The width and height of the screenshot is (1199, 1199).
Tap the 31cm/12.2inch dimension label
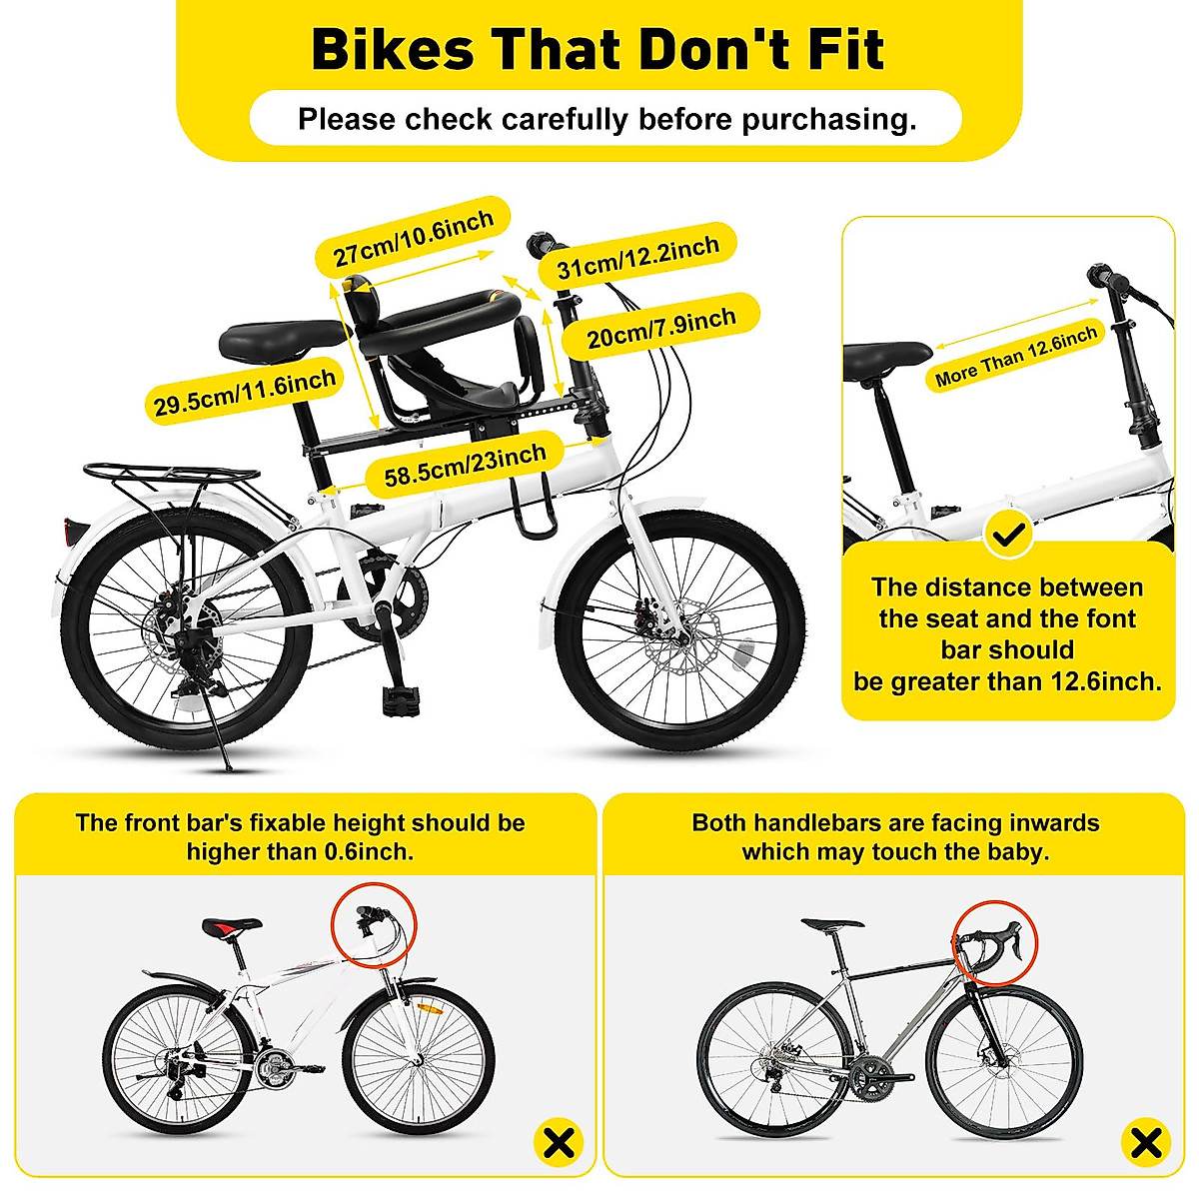(637, 258)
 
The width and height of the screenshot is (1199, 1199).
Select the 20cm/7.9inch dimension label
(660, 328)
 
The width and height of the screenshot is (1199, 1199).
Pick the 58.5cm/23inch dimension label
(466, 467)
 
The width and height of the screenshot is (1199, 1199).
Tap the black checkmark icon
(1009, 536)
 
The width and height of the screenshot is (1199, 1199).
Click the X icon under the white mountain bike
(559, 1141)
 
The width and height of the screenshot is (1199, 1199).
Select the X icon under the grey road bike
(1146, 1141)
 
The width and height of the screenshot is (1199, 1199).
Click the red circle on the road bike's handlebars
(994, 943)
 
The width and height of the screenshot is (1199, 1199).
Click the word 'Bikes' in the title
(393, 50)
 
